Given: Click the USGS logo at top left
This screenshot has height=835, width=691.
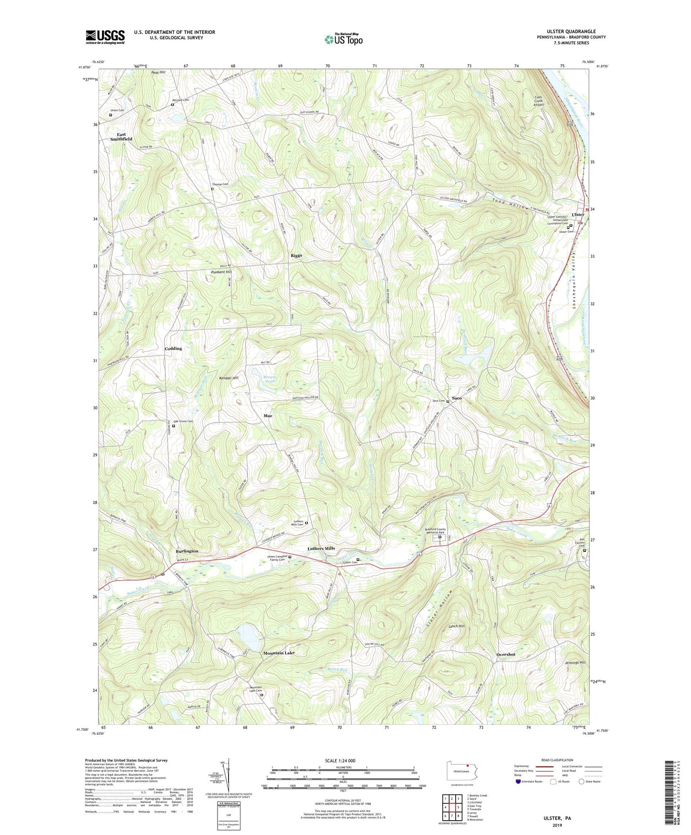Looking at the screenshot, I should pyautogui.click(x=105, y=37).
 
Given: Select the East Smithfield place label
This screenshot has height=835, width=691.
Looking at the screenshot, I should pyautogui.click(x=121, y=137).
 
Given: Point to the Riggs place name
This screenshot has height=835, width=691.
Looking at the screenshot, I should pyautogui.click(x=296, y=256).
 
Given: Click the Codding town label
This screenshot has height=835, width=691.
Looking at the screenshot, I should pyautogui.click(x=173, y=349).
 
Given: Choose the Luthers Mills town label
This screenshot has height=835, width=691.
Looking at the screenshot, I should pyautogui.click(x=321, y=549).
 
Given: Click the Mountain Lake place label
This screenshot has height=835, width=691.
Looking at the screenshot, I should pyautogui.click(x=279, y=653).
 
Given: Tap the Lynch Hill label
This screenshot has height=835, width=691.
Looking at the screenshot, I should pyautogui.click(x=456, y=626).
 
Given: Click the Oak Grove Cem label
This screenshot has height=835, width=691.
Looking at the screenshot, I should pyautogui.click(x=183, y=421).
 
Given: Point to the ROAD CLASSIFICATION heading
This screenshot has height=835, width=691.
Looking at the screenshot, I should pyautogui.click(x=557, y=760).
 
